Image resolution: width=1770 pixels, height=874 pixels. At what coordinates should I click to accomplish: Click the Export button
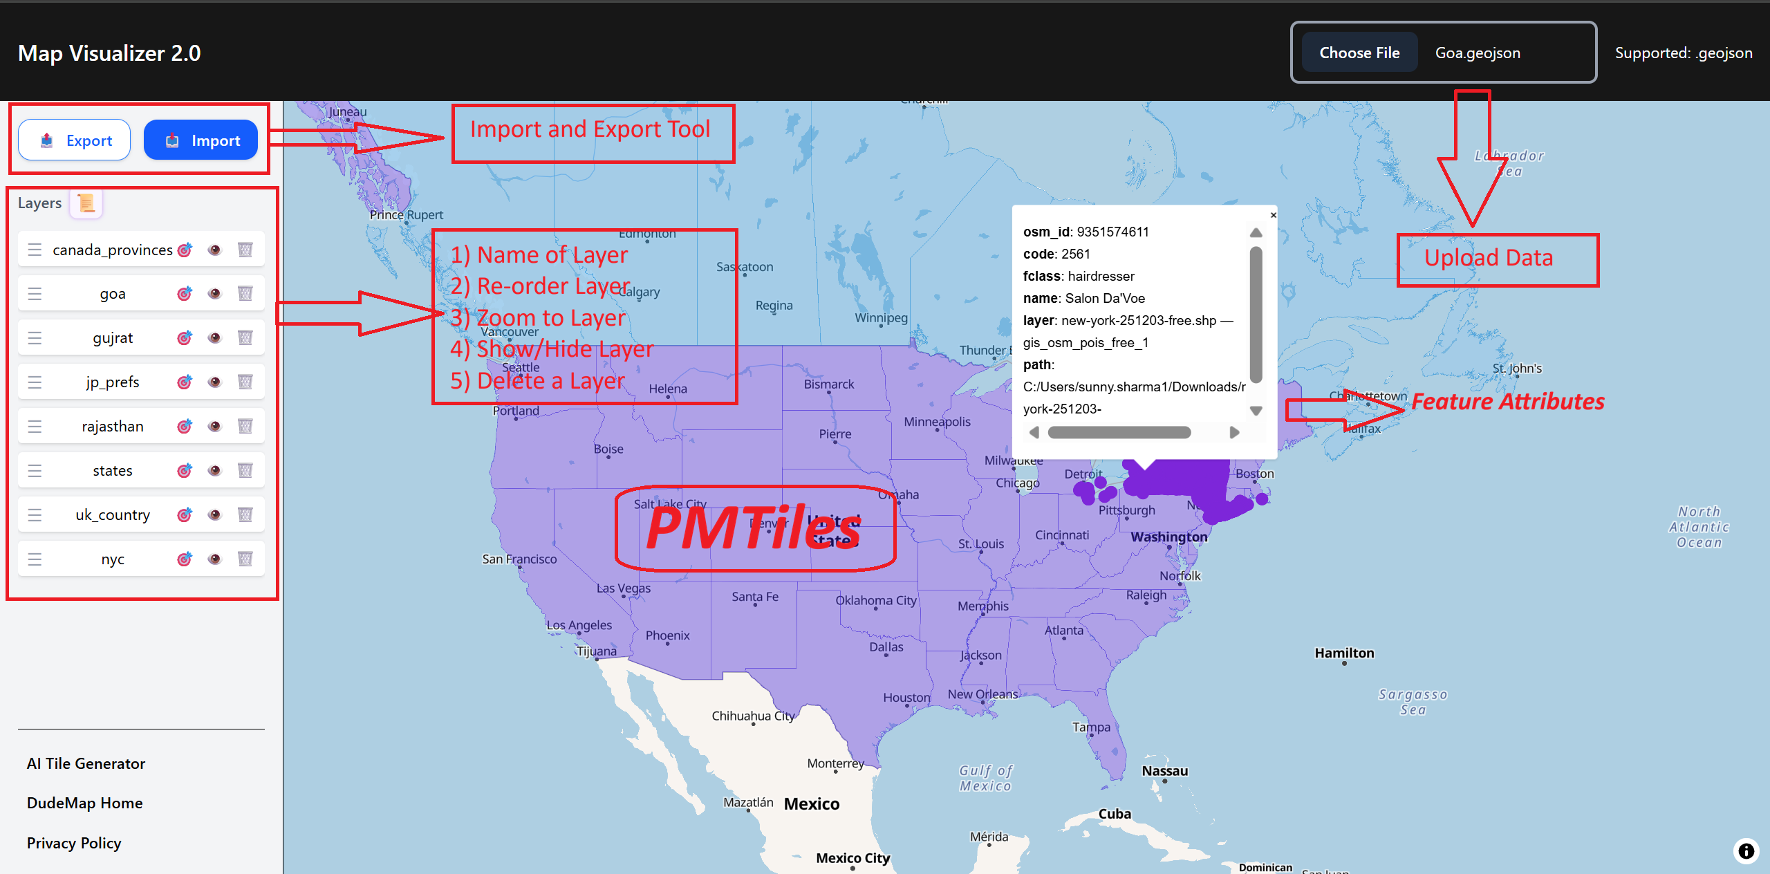(75, 140)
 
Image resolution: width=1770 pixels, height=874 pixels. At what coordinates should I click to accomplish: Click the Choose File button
(1359, 53)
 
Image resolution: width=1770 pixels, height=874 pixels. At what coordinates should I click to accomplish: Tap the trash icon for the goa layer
(245, 293)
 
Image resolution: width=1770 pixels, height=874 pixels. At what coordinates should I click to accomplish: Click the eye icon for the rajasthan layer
(214, 426)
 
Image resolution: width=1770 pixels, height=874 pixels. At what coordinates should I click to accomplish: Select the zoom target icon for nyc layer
(184, 559)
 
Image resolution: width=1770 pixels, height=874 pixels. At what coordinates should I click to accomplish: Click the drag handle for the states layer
(35, 470)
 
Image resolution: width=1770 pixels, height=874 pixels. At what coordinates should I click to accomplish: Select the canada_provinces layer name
(113, 250)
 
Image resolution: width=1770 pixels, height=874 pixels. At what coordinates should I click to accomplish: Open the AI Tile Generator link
(86, 763)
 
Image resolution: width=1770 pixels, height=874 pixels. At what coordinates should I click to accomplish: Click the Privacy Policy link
(74, 843)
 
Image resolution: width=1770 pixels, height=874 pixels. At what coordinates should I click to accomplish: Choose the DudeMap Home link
(84, 803)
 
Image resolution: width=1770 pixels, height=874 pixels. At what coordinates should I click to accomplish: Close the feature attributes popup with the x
(1273, 215)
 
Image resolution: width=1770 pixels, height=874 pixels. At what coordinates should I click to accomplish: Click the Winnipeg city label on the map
(881, 318)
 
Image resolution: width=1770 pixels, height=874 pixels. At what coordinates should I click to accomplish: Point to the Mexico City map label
(853, 858)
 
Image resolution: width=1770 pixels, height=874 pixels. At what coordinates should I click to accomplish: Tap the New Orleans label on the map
(982, 694)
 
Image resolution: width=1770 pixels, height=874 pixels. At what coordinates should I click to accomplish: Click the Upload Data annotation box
(1498, 259)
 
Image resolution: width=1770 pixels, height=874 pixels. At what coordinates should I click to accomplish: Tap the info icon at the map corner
(1746, 850)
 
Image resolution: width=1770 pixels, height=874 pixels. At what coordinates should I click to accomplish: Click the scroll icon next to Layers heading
(86, 203)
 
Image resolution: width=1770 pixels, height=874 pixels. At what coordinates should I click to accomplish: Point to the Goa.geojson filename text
(1478, 53)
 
